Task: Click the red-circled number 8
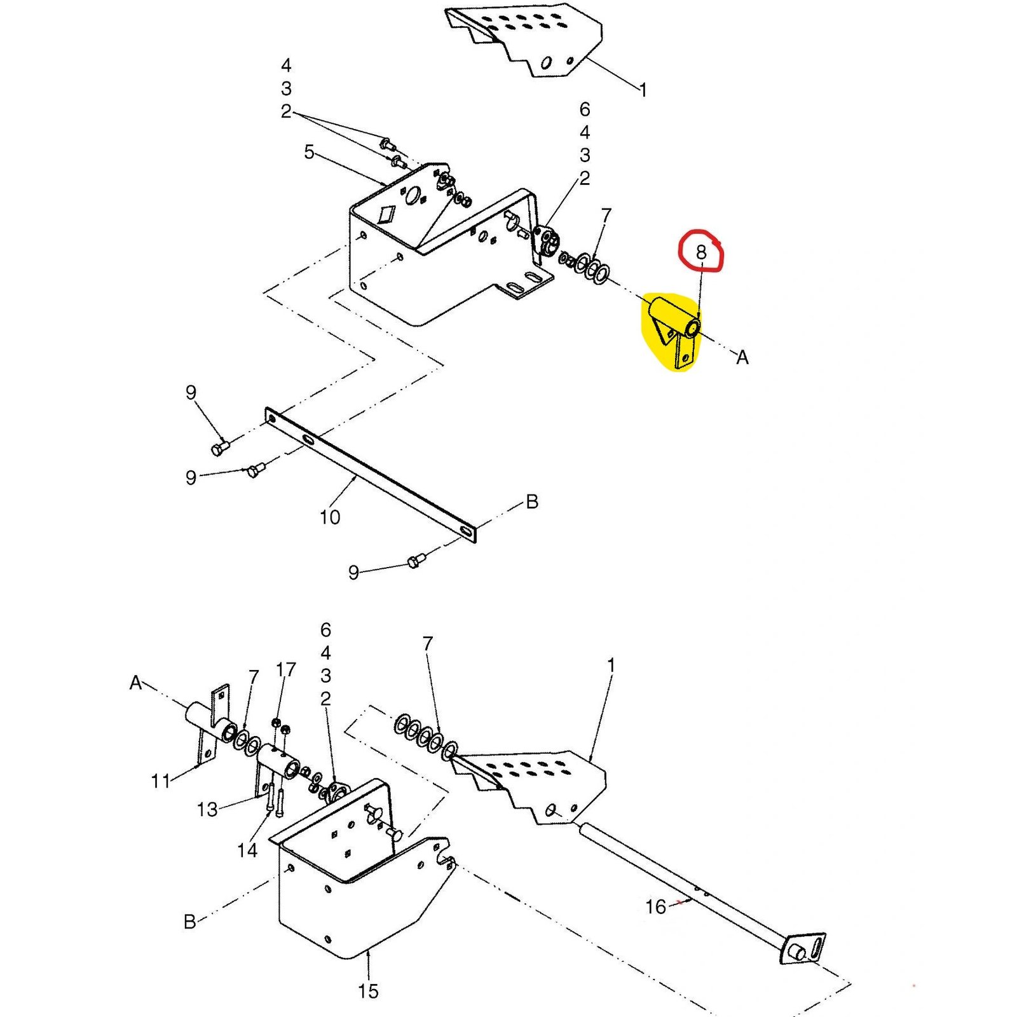(x=700, y=252)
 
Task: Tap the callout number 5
(x=309, y=153)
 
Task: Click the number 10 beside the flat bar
(x=329, y=517)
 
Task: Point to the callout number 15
(x=368, y=991)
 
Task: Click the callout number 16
(x=655, y=907)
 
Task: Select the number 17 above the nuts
(x=286, y=669)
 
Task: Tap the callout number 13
(x=207, y=810)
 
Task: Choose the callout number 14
(x=247, y=850)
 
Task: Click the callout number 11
(x=161, y=781)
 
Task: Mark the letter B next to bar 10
(x=532, y=502)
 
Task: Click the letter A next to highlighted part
(x=742, y=358)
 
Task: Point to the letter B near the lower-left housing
(x=189, y=922)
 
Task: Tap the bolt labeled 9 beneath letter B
(x=415, y=561)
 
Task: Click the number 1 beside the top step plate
(x=643, y=90)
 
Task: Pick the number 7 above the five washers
(x=428, y=644)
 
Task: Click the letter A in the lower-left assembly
(x=135, y=683)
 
